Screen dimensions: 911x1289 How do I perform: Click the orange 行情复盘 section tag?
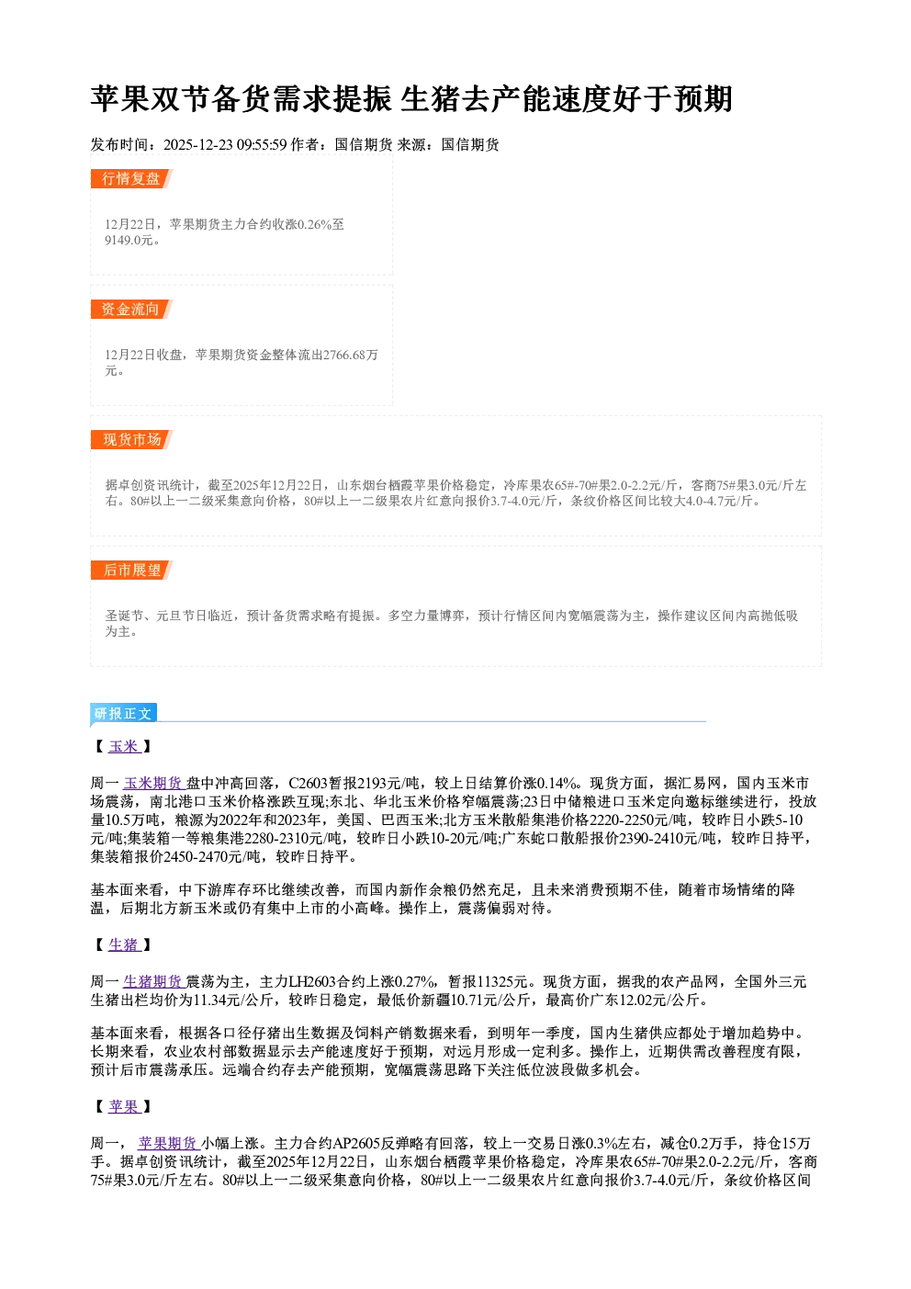131,178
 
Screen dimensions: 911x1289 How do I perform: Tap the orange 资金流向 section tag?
131,309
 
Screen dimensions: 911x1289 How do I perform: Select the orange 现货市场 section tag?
131,440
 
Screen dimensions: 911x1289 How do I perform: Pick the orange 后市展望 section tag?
131,571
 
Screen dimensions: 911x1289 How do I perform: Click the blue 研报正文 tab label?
123,714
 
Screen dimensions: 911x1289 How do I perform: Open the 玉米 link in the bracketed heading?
124,747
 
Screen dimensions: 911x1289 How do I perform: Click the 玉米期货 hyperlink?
153,783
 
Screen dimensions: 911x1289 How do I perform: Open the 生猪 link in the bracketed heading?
124,944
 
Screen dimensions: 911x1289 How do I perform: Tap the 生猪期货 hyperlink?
153,981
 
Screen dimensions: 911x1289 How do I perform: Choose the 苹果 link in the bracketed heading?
124,1106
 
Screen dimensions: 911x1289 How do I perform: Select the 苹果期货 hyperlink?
168,1143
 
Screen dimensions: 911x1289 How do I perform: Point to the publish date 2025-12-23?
197,145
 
